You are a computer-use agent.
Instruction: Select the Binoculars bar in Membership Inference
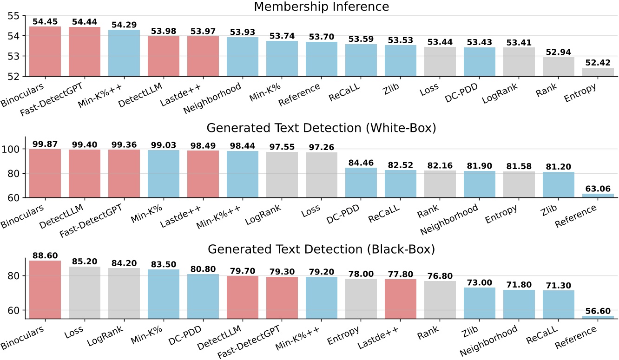pos(45,51)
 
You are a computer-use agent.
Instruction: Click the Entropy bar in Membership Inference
pos(598,72)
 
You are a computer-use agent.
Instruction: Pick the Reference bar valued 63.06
pos(598,196)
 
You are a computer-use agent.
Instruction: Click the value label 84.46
pos(361,163)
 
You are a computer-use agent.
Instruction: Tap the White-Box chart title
pos(322,129)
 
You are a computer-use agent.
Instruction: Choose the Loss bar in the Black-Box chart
pos(85,293)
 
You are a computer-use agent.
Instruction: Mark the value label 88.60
pos(45,255)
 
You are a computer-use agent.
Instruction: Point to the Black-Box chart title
pos(322,250)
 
